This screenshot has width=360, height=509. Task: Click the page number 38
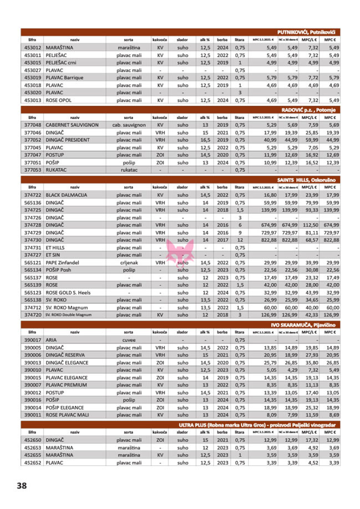click(22, 485)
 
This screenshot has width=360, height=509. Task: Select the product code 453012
click(33, 48)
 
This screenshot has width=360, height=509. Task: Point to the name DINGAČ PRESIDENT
click(68, 140)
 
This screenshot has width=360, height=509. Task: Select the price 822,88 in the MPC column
click(331, 240)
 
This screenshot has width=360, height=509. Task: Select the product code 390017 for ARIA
click(33, 340)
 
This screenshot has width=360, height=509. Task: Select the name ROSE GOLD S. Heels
click(68, 292)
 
